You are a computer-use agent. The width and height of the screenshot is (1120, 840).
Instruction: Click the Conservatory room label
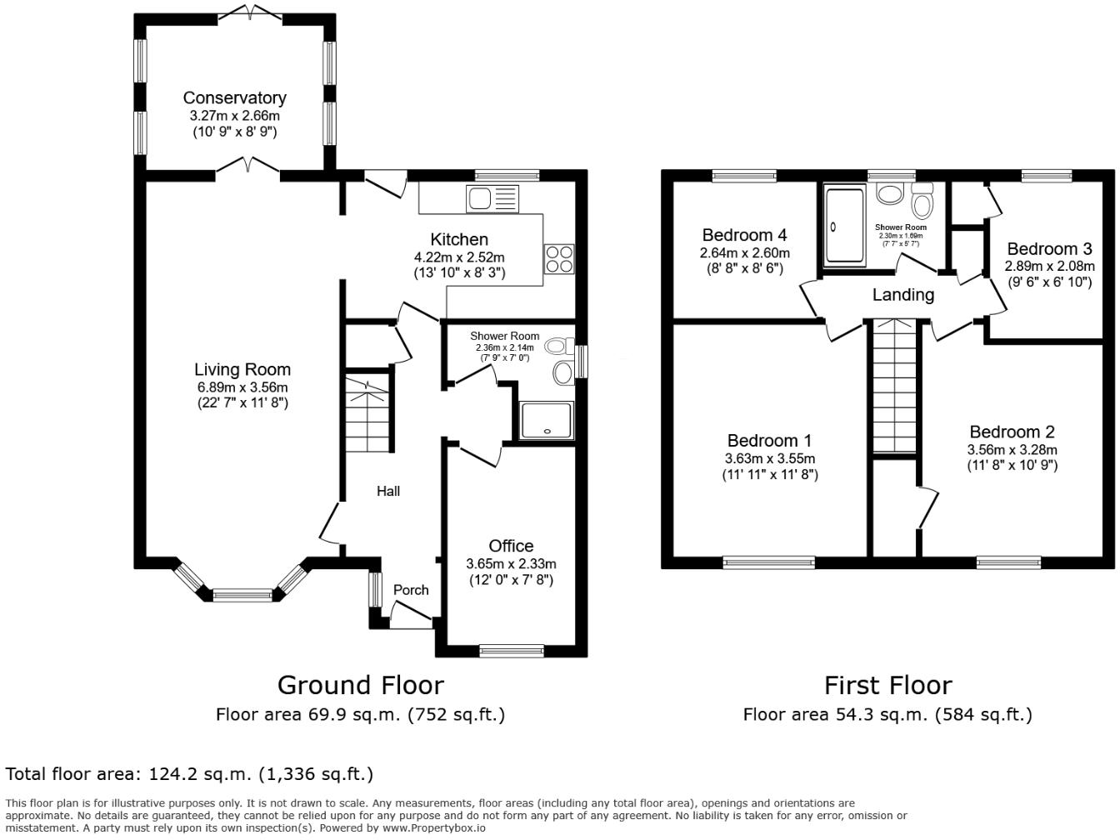click(234, 98)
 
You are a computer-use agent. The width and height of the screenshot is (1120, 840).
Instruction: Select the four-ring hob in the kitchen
click(559, 258)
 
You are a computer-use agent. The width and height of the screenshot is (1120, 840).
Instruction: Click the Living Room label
click(242, 369)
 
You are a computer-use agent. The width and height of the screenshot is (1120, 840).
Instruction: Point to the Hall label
click(387, 491)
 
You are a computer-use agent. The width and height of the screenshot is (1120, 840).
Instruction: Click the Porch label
click(411, 590)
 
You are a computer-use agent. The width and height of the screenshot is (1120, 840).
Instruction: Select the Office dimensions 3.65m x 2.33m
click(511, 564)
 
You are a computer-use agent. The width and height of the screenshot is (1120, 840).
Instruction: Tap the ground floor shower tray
click(547, 421)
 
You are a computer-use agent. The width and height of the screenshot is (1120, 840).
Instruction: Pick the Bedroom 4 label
click(744, 235)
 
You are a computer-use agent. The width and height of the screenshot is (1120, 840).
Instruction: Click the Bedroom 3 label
click(1049, 248)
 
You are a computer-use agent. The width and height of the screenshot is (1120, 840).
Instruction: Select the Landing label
click(903, 294)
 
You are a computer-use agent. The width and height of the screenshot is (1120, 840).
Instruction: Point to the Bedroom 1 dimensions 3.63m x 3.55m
click(769, 458)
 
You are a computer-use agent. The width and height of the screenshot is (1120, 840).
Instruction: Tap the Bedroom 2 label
click(1012, 432)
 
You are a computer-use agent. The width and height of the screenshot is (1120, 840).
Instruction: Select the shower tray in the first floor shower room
click(845, 226)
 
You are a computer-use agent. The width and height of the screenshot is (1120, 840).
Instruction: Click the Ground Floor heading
click(360, 685)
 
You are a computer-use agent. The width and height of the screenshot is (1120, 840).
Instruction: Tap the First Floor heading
click(887, 685)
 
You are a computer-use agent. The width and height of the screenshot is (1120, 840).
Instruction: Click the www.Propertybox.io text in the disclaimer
click(433, 828)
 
